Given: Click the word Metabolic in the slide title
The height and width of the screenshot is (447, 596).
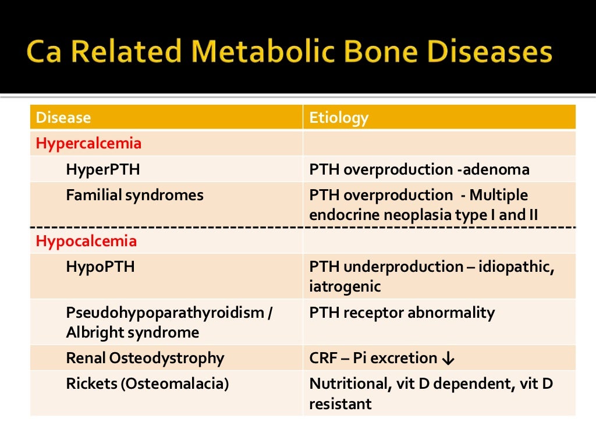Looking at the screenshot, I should [256, 52].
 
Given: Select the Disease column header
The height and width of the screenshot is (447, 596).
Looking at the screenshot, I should [63, 118].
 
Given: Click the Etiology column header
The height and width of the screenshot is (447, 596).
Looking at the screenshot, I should [339, 118].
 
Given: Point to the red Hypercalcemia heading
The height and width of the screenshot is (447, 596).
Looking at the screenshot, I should [88, 143].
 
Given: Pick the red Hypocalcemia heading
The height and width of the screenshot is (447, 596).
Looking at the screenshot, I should [86, 241].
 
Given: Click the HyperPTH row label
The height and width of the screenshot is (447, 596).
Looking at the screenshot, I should [103, 169].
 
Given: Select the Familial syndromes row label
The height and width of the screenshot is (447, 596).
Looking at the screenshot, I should [134, 195].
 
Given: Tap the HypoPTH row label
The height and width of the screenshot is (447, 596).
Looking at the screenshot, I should [100, 267].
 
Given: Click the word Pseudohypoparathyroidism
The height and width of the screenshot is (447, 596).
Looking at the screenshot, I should [165, 313].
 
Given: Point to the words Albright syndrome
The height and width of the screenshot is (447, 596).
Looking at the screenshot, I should [132, 333].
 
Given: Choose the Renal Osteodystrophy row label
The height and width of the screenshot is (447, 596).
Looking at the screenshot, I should [145, 358].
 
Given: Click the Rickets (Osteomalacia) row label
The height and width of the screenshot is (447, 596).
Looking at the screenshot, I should [147, 384].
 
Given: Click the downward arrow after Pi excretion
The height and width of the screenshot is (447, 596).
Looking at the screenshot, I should [448, 359].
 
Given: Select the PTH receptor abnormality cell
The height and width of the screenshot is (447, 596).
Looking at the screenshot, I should [402, 313].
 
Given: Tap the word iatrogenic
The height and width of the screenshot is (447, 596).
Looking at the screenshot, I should [345, 286].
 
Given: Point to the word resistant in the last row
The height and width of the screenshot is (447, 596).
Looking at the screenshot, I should [340, 404].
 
